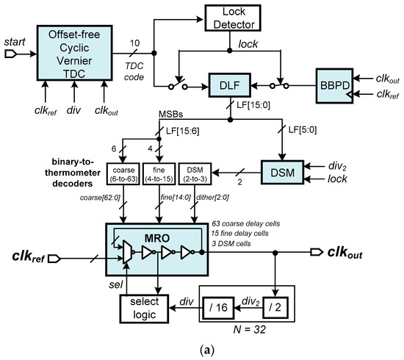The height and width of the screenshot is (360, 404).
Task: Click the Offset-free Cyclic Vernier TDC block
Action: tap(79, 56)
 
